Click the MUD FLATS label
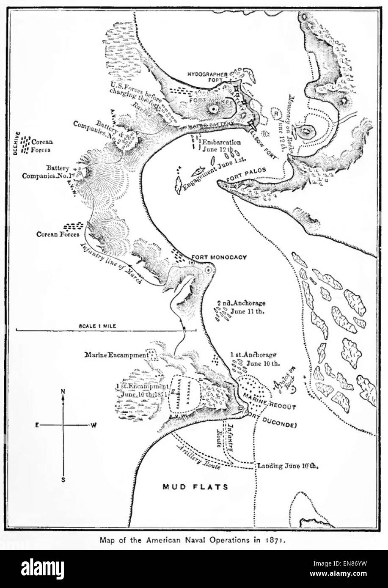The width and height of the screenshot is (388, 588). tap(195, 486)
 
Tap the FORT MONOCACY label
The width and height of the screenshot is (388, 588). tap(219, 257)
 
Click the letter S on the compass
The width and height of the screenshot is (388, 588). tap(63, 480)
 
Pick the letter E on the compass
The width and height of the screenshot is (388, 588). tap(37, 426)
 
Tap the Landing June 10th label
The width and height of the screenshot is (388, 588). tap(288, 466)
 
